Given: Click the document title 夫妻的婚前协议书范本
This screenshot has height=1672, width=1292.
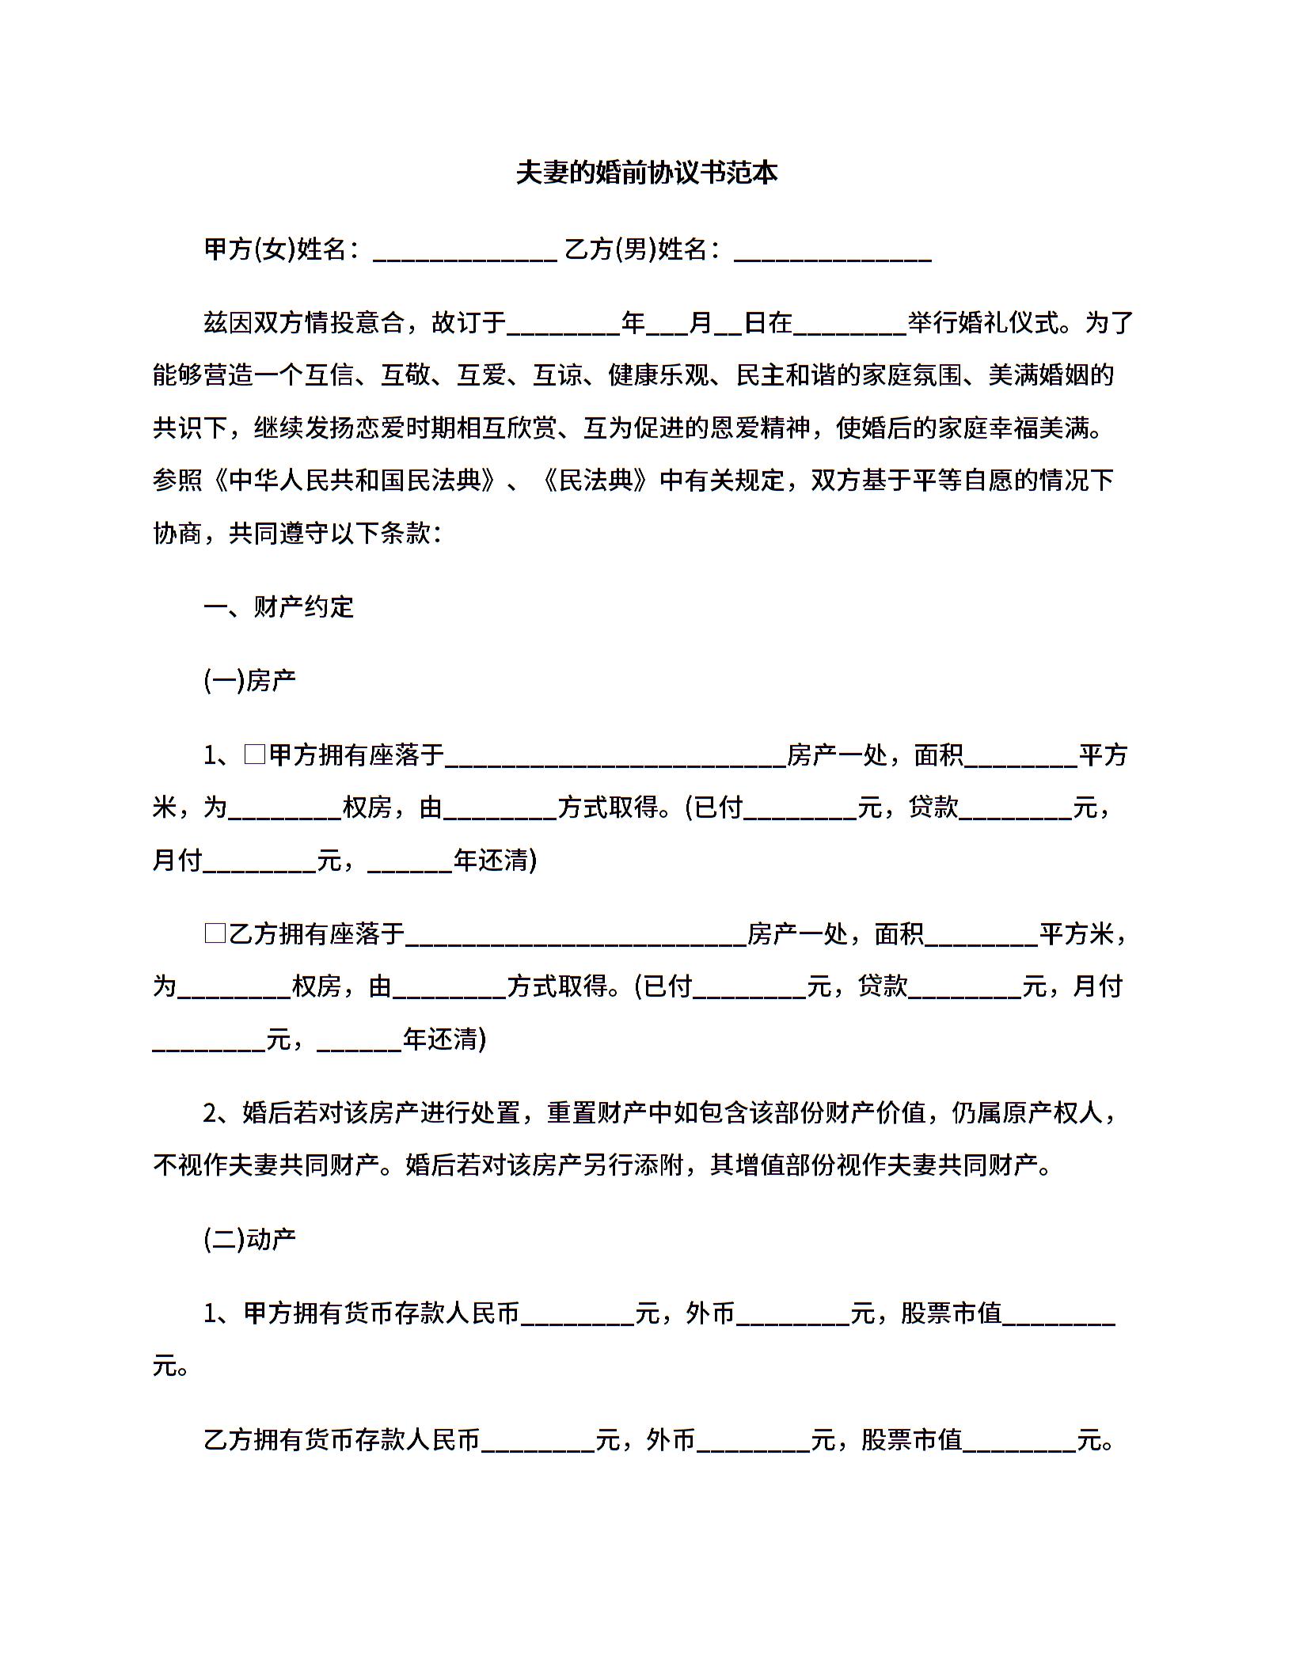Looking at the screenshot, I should point(646,173).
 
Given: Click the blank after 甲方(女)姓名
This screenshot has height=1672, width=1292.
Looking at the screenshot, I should point(464,252).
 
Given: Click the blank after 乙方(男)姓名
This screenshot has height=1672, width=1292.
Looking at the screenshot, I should point(832,252).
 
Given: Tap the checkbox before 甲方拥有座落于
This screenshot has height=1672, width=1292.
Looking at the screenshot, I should point(254,754).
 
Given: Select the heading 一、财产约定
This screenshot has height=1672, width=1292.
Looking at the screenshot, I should point(279,607).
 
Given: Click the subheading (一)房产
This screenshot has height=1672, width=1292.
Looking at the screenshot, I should point(249,681).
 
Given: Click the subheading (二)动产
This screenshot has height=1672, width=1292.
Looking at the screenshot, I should point(249,1240).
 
